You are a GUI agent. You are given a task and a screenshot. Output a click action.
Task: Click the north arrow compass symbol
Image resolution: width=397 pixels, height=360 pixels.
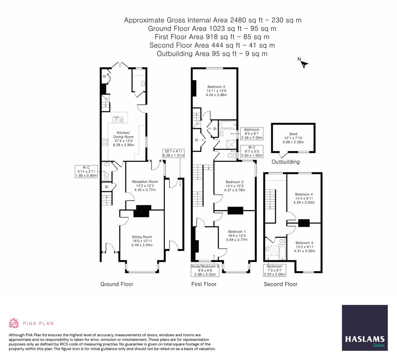point(303,63)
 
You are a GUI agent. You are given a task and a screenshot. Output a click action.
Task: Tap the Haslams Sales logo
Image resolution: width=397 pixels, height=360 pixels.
point(365,328)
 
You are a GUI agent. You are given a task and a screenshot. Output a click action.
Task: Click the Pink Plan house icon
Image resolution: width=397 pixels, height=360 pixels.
point(14,323)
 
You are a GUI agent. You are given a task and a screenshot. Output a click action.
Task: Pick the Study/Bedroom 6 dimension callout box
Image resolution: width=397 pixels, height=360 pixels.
point(205,270)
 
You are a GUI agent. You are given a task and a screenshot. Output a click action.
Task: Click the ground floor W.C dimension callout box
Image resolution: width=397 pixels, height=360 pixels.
point(86,171)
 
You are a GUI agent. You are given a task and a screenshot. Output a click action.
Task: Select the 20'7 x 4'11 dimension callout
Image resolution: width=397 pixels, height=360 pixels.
point(173,153)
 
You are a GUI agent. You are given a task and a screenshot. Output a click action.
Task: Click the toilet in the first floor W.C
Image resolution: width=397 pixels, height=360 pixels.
point(231,155)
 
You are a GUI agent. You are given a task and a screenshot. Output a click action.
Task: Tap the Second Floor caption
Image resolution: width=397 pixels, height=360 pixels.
point(280,284)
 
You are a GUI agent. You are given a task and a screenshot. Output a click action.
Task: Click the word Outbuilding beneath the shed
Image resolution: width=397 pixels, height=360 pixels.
point(285,162)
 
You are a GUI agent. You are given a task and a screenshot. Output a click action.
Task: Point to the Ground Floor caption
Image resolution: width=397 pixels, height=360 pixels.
point(117,284)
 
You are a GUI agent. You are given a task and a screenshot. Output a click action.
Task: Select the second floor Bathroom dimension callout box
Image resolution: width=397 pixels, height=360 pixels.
point(274,270)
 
